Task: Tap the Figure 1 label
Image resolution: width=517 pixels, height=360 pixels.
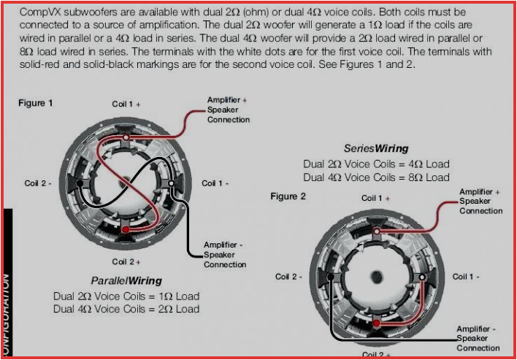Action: [36, 103]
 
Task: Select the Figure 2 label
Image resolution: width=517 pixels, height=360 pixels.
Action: [288, 196]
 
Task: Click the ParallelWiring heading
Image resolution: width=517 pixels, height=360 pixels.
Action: [126, 280]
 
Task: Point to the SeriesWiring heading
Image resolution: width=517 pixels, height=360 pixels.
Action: [376, 148]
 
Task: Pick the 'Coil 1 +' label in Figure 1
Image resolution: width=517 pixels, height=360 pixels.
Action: [126, 104]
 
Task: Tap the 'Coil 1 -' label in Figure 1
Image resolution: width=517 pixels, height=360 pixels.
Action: [217, 183]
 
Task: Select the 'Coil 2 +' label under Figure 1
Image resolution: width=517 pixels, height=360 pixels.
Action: [126, 261]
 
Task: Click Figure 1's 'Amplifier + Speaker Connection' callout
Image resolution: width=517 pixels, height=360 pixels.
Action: [228, 110]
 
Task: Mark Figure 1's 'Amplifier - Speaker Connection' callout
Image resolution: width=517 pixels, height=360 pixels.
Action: [224, 256]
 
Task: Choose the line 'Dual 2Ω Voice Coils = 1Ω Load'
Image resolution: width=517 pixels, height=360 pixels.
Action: [126, 296]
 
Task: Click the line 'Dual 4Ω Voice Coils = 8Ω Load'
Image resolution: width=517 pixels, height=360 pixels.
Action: [376, 177]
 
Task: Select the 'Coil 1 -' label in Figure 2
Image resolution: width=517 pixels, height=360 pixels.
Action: [466, 277]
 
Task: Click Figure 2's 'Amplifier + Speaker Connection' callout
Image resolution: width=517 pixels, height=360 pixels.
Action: [480, 202]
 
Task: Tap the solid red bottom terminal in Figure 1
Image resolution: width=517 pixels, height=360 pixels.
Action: [126, 230]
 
